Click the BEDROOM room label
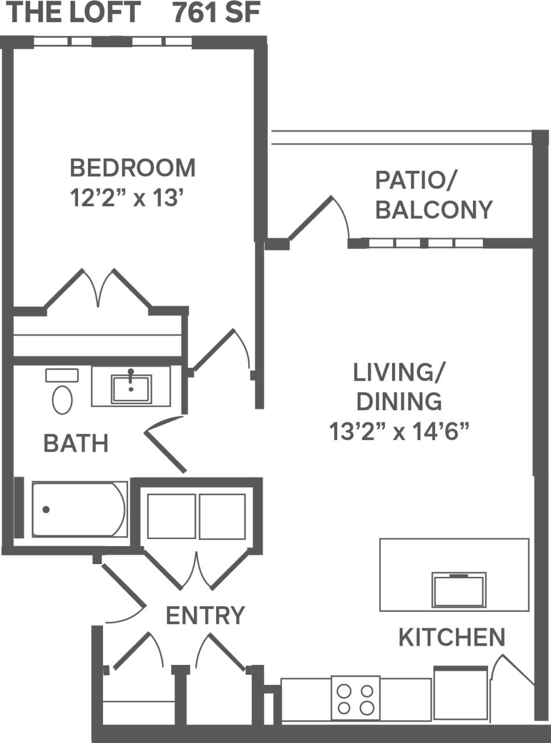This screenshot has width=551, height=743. click(132, 168)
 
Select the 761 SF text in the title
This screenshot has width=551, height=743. click(216, 13)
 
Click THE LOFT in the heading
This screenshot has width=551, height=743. click(73, 13)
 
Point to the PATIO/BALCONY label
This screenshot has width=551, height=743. click(433, 195)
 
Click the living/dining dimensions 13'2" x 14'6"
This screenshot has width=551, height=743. click(399, 432)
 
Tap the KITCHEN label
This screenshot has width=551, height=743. click(451, 638)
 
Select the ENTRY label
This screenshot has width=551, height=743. click(205, 615)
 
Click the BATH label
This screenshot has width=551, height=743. click(76, 444)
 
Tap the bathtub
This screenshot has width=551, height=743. click(79, 509)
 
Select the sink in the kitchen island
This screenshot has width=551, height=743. click(458, 590)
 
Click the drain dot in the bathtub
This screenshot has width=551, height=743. click(46, 510)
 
